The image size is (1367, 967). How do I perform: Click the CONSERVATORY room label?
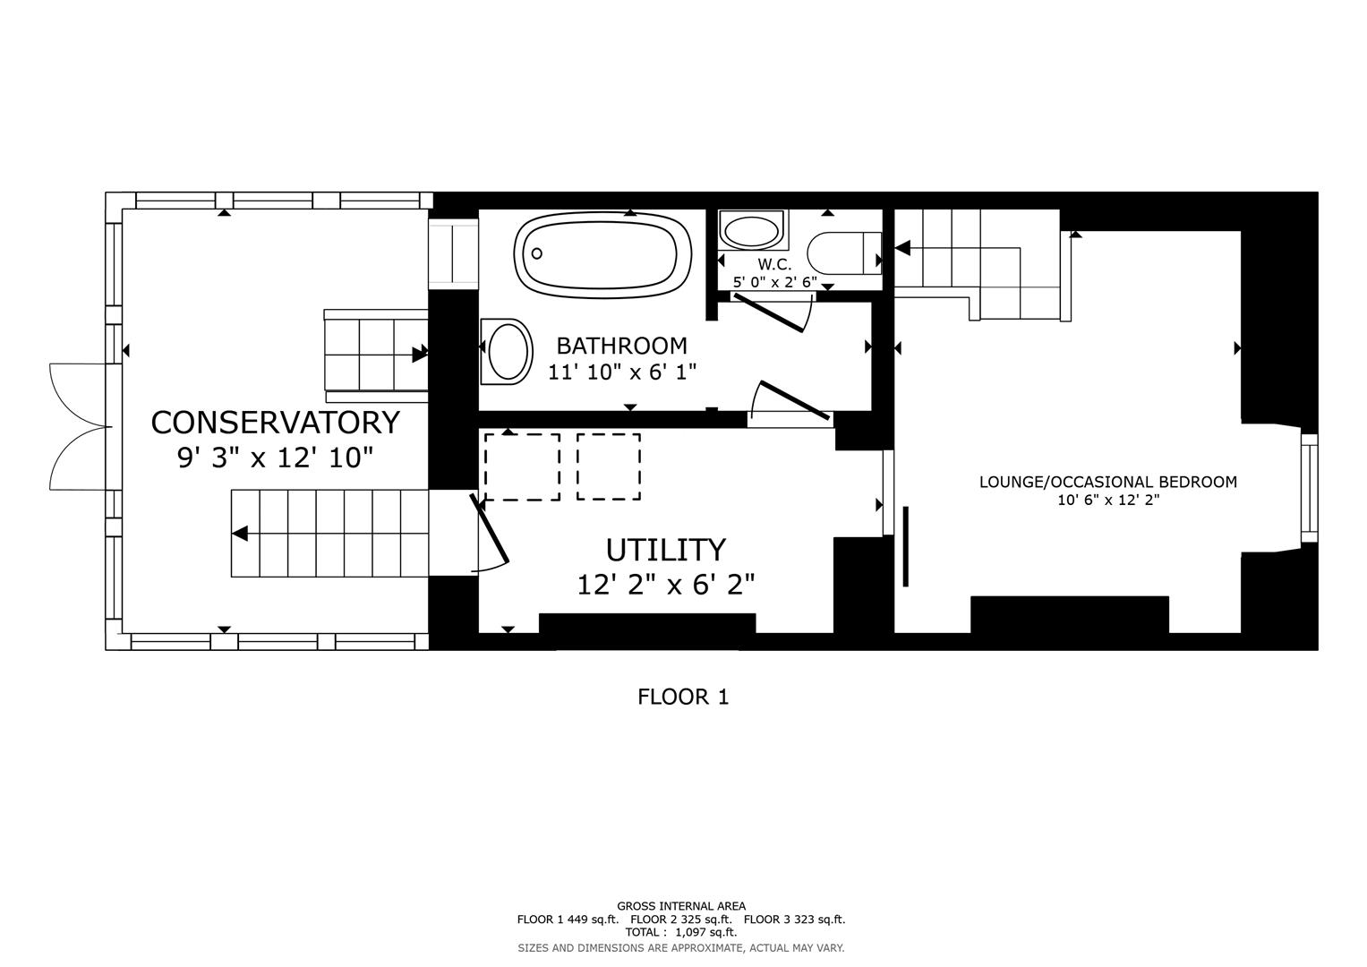click(x=275, y=422)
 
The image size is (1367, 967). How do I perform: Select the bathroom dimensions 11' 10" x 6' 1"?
click(x=621, y=372)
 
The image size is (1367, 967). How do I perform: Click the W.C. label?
click(x=774, y=264)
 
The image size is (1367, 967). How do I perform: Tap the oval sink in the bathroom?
click(x=507, y=352)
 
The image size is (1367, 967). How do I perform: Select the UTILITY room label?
click(x=665, y=549)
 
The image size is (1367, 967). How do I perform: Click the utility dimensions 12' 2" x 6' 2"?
click(x=665, y=585)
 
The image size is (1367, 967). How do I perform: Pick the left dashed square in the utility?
click(x=522, y=466)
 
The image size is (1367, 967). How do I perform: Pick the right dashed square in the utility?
click(x=608, y=466)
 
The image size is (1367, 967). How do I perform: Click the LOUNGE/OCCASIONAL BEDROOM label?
click(x=1107, y=482)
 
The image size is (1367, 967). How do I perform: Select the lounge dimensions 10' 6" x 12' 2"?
click(x=1107, y=501)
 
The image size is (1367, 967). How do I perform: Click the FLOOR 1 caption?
click(x=683, y=697)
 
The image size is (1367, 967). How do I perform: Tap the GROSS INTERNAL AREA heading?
click(x=680, y=906)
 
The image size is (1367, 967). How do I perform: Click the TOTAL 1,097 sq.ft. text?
click(x=680, y=932)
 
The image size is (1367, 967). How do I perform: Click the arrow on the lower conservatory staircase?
click(x=240, y=534)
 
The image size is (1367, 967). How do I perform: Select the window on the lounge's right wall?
click(x=1309, y=488)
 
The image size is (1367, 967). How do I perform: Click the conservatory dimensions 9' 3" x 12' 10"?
click(x=275, y=458)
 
